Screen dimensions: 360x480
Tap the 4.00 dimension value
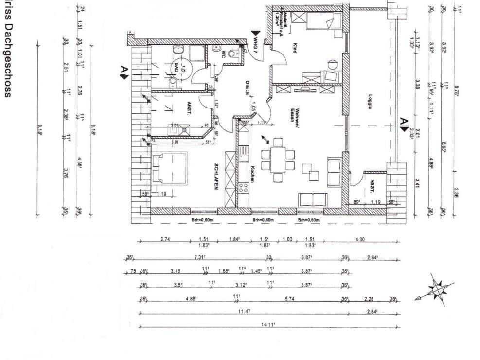click(x=373, y=239)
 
